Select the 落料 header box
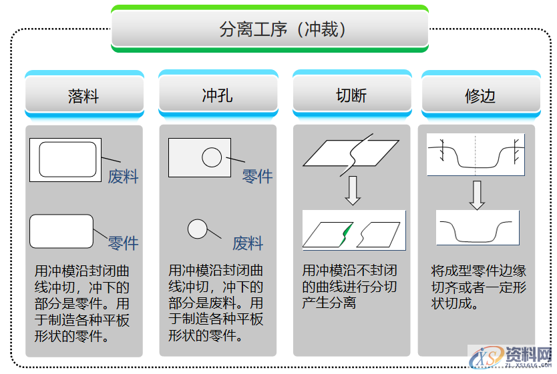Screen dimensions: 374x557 pos(84,95)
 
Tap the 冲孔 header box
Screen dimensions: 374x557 pos(218,95)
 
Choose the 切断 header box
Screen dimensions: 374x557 pos(351,95)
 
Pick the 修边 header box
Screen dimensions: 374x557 pos(480,95)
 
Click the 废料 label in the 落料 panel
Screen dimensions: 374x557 pos(123,177)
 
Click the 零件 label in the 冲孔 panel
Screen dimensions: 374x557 pos(257,177)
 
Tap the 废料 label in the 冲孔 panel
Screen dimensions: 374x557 pos(248,243)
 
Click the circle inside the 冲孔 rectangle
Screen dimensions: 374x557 pos(212,157)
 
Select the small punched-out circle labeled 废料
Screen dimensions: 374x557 pos(197,229)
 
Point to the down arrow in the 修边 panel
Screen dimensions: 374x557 pos(476,194)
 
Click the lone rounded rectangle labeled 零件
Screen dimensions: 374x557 pos(61,231)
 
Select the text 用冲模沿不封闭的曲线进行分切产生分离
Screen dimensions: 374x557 pos(349,287)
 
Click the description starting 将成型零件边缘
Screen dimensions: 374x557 pos(478,287)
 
